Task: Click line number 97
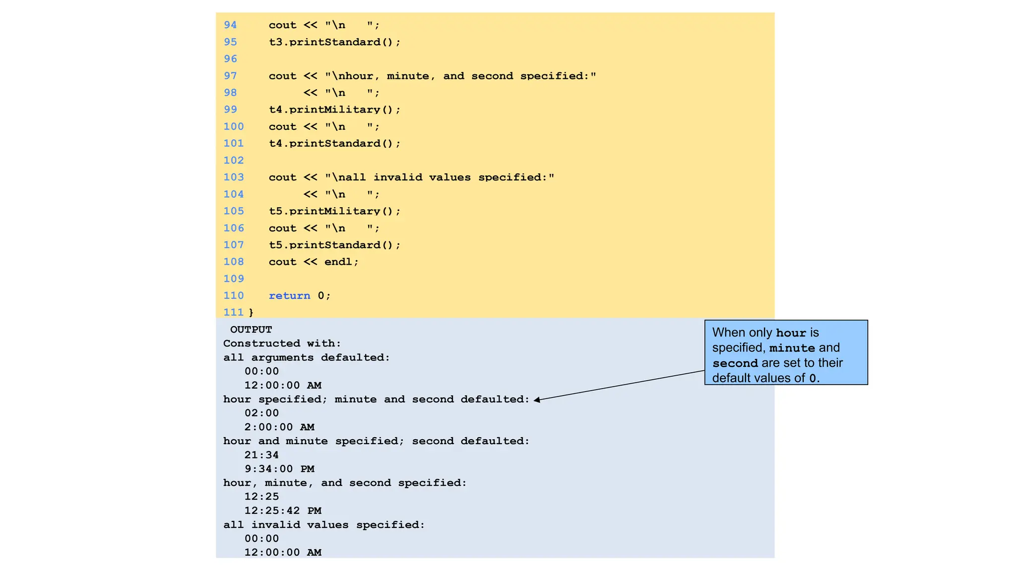(230, 76)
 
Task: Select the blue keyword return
(289, 295)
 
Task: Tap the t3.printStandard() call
(334, 42)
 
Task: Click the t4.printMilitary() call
(334, 110)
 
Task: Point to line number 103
(234, 177)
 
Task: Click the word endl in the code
(338, 262)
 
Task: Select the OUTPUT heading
(251, 330)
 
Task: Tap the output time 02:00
(261, 413)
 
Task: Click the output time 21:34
(261, 455)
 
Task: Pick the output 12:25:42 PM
(283, 511)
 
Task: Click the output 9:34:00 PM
(279, 469)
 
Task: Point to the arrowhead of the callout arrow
(537, 400)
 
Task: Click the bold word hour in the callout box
(791, 333)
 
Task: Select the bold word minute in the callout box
(792, 348)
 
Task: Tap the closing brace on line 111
(251, 312)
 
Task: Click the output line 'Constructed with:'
(282, 343)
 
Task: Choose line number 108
(234, 262)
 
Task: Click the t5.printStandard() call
(334, 245)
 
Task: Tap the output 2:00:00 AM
(279, 427)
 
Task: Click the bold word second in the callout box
(735, 363)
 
